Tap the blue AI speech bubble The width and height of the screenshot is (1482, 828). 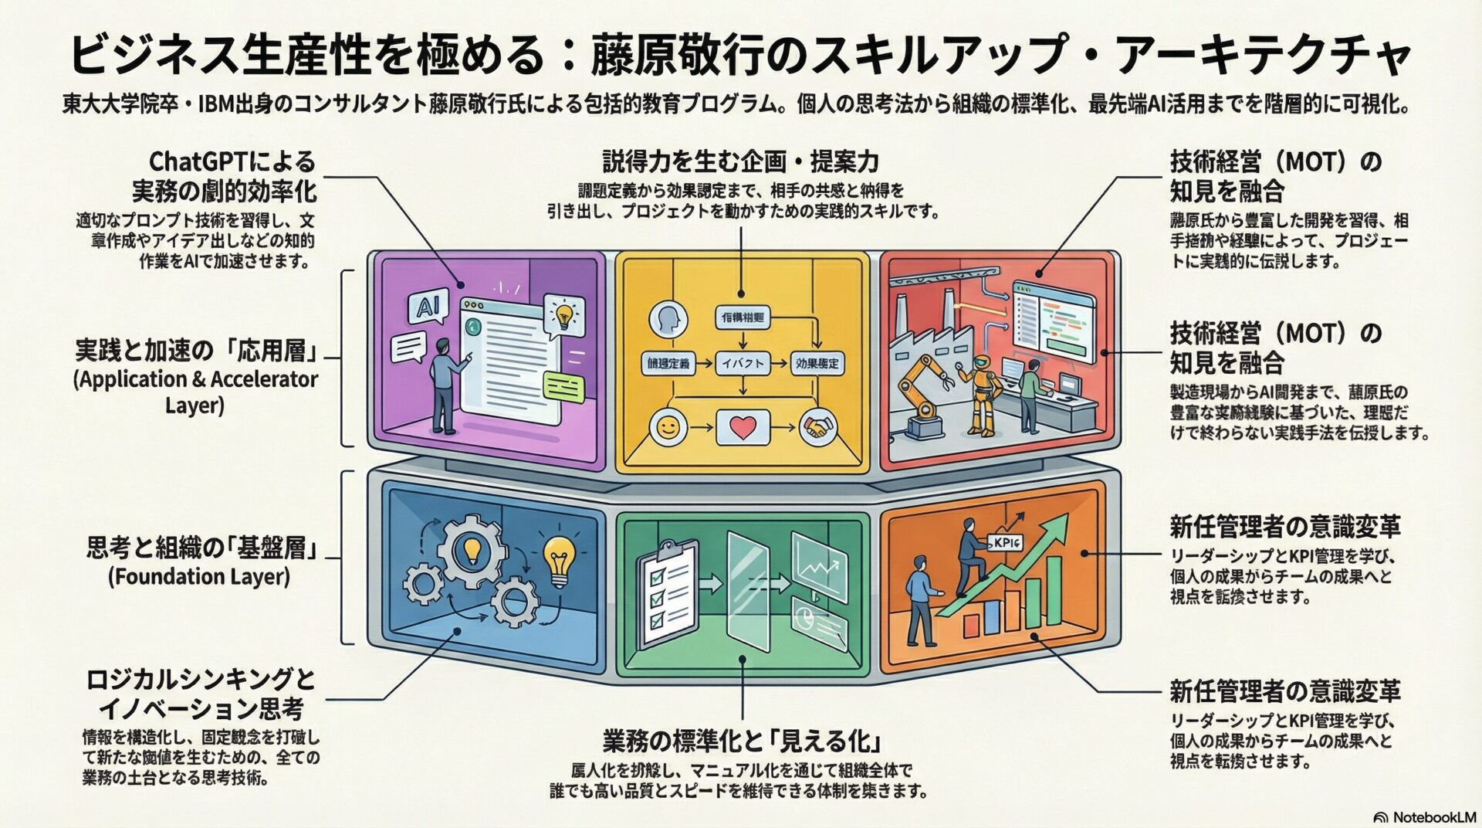425,308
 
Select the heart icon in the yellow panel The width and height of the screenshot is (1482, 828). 742,427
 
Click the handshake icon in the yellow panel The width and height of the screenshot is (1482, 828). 817,426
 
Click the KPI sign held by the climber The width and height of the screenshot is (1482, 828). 1006,542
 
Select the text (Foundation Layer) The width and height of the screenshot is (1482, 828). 199,577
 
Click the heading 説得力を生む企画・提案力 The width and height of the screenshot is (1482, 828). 740,162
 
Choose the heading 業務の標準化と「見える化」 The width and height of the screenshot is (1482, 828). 741,741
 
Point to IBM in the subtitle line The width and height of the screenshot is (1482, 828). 220,104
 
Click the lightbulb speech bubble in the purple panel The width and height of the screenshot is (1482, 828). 564,315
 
